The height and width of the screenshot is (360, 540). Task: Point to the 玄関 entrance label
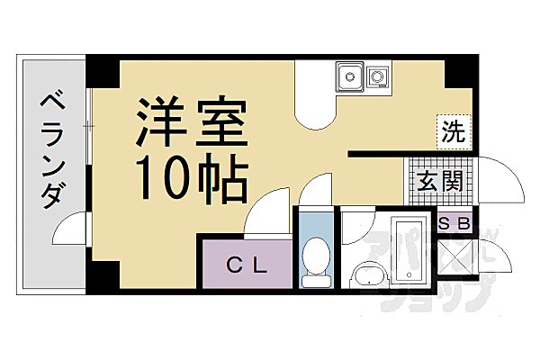pos(440,182)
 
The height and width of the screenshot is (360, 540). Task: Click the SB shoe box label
pos(453,223)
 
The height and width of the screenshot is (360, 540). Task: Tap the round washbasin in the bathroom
pos(367,274)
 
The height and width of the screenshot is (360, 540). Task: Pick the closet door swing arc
pos(266,214)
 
